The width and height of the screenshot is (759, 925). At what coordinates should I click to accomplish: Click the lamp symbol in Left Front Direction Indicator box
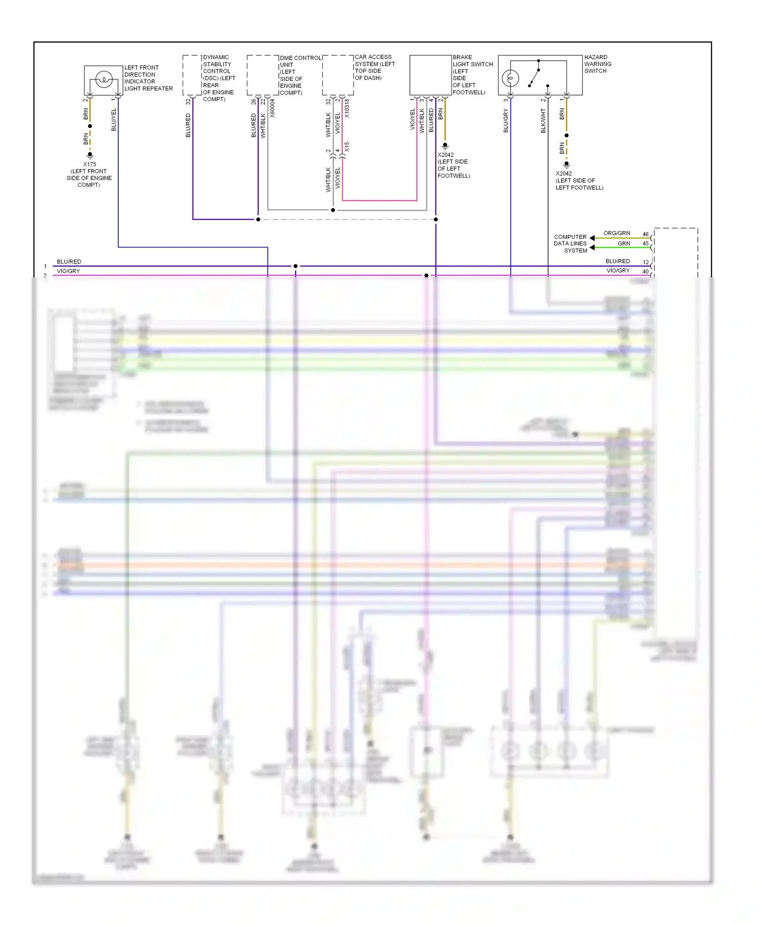(x=104, y=79)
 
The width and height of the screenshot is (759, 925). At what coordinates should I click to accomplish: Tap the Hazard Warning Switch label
(x=598, y=64)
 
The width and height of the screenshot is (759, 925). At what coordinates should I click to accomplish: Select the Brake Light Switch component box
(x=430, y=75)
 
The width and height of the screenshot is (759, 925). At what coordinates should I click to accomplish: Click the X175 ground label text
(x=90, y=164)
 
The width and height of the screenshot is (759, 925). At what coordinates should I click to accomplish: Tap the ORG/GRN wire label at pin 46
(x=616, y=233)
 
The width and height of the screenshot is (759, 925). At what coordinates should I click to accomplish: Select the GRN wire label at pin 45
(x=623, y=243)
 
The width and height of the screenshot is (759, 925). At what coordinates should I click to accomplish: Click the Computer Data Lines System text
(x=571, y=243)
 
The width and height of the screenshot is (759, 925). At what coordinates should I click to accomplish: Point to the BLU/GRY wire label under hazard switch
(x=505, y=121)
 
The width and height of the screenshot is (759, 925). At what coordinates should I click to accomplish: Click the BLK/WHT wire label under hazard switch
(x=543, y=121)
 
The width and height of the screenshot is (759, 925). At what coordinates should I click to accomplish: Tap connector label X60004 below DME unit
(x=272, y=108)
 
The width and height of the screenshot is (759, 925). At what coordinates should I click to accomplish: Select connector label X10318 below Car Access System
(x=347, y=108)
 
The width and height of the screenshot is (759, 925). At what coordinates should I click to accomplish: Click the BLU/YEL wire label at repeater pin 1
(x=113, y=120)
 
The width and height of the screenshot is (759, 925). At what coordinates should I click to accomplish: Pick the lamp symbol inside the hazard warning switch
(x=510, y=78)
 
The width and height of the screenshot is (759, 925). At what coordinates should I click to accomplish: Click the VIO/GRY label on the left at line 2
(x=68, y=271)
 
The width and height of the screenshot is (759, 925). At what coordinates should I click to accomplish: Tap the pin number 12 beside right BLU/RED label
(x=646, y=262)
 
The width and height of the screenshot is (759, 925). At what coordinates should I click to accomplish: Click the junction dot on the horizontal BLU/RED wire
(x=296, y=266)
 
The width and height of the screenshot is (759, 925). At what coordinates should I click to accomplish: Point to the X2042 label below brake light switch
(x=445, y=155)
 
